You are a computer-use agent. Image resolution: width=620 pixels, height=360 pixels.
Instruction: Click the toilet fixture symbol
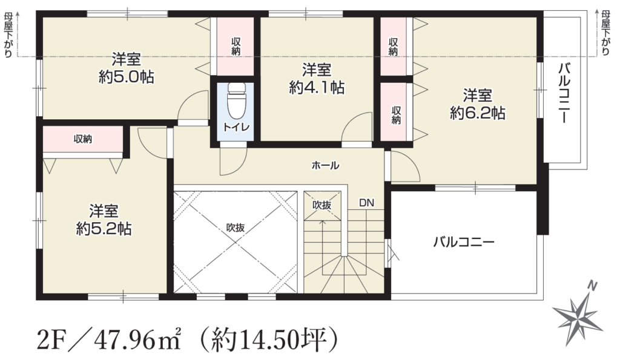pyautogui.click(x=237, y=100)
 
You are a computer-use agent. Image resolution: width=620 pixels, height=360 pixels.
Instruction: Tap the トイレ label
pyautogui.click(x=237, y=127)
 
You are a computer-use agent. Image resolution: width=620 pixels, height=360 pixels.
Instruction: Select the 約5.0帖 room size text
pyautogui.click(x=126, y=77)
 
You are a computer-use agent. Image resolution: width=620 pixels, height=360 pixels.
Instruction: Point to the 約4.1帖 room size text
pyautogui.click(x=316, y=87)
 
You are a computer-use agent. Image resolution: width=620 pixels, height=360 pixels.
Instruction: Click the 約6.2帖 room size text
pyautogui.click(x=477, y=113)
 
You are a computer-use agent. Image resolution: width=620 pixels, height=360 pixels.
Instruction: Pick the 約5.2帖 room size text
pyautogui.click(x=104, y=229)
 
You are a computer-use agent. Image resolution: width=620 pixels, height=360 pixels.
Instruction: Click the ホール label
pyautogui.click(x=325, y=166)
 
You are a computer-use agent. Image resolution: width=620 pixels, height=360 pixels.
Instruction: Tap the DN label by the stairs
pyautogui.click(x=366, y=203)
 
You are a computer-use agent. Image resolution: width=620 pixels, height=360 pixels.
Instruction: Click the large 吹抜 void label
pyautogui.click(x=236, y=227)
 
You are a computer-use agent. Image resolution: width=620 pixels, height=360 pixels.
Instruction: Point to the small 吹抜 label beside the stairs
pyautogui.click(x=322, y=205)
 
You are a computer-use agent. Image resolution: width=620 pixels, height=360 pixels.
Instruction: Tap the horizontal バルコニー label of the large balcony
pyautogui.click(x=464, y=241)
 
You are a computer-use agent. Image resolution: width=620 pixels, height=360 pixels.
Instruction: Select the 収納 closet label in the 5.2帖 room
pyautogui.click(x=83, y=139)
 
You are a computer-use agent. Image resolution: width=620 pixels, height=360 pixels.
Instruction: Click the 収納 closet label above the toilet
pyautogui.click(x=236, y=46)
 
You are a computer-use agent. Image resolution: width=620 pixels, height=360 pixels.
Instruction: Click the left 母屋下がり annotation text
pyautogui.click(x=8, y=36)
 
